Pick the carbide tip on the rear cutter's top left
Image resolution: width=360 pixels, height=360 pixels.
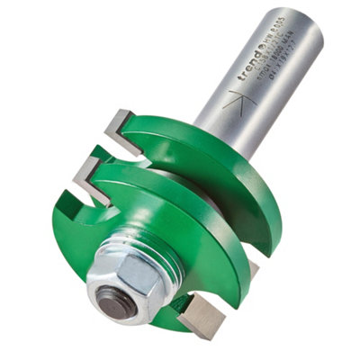(118, 126)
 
